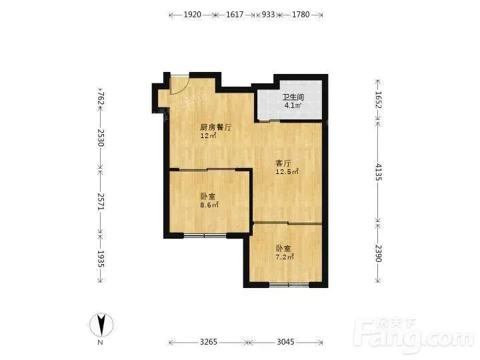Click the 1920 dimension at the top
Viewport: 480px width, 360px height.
pos(192,15)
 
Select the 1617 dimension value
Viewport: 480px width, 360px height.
pos(235,15)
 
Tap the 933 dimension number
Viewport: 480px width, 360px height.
pos(268,15)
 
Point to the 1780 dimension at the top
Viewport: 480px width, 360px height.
pos(301,15)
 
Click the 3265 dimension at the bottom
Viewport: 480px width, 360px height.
pos(209,341)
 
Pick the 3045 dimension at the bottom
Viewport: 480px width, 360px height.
pos(285,341)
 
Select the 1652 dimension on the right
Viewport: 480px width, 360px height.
pos(379,100)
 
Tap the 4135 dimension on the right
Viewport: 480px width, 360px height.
pos(379,172)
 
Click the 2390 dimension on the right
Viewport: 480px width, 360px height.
pos(379,253)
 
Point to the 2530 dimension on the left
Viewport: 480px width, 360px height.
pos(101,138)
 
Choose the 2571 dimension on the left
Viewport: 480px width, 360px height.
pos(101,201)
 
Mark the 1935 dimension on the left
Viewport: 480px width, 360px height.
pos(101,259)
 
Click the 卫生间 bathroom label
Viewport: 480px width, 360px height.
pos(293,97)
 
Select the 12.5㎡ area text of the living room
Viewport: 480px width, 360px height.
pos(287,172)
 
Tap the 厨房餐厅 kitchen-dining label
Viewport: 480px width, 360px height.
pos(216,127)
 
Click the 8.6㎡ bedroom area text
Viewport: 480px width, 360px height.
pos(209,205)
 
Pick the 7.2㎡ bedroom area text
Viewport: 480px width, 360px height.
pos(285,257)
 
